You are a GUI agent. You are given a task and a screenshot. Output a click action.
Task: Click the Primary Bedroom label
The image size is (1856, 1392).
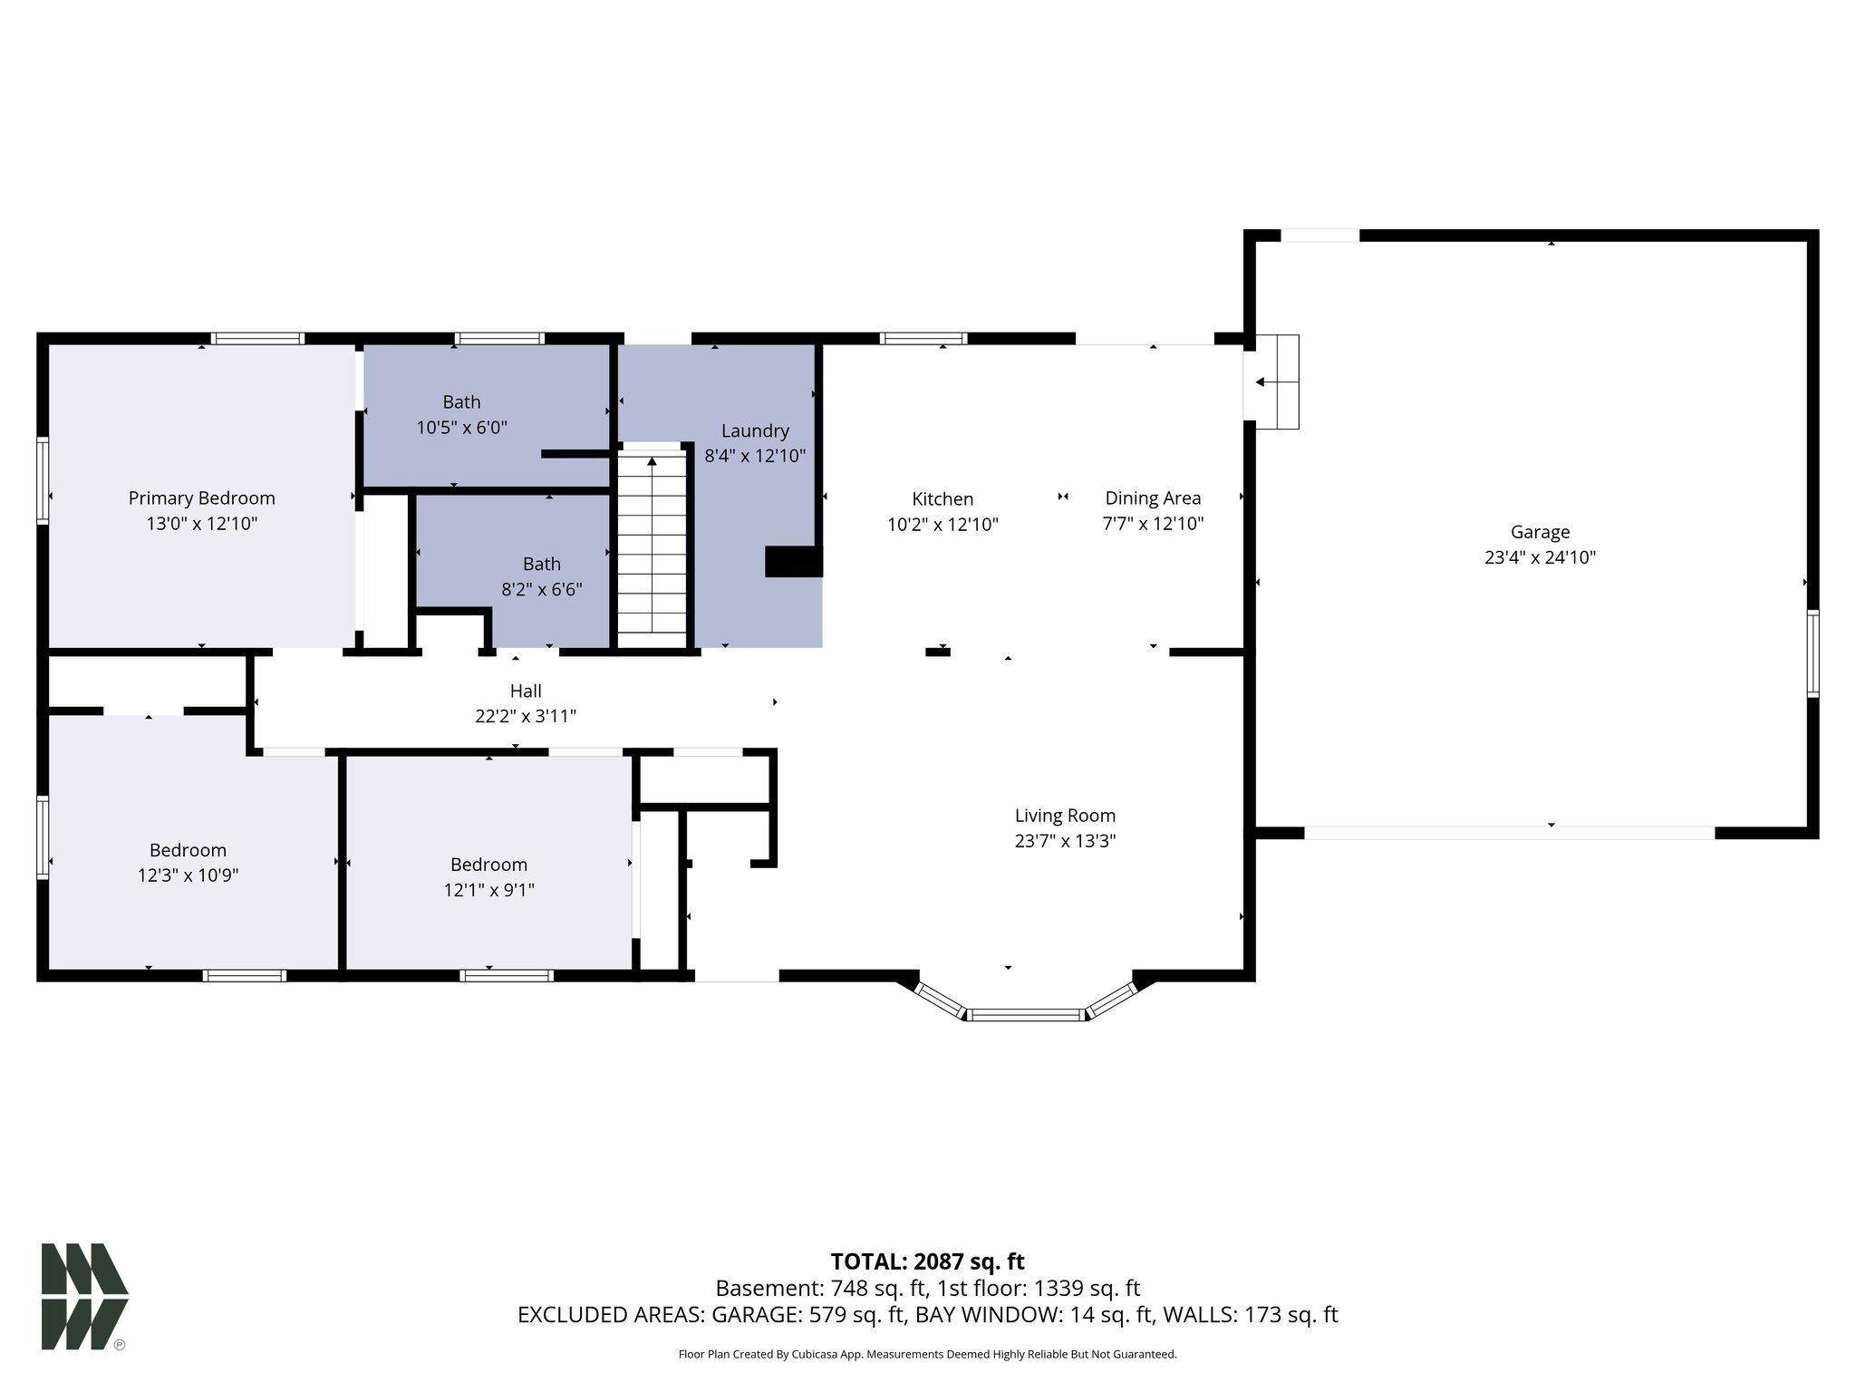201,498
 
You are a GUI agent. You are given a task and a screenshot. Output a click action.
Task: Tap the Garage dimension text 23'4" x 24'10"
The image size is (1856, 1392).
1540,558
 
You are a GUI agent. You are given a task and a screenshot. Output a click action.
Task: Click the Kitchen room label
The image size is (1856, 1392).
942,499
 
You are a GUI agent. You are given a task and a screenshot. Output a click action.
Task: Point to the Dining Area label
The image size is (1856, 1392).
1153,498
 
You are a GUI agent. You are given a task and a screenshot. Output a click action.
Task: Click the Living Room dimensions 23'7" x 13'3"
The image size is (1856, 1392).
1065,841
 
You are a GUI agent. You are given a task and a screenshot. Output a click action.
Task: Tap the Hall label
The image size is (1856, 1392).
526,691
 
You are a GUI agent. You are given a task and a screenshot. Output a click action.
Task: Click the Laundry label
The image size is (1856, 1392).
755,431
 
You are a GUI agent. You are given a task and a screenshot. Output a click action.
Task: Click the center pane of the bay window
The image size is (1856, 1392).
1026,1014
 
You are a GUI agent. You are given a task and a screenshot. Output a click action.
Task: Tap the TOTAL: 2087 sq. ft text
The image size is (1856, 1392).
927,1261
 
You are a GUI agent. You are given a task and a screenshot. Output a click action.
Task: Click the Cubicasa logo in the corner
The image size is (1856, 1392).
83,1296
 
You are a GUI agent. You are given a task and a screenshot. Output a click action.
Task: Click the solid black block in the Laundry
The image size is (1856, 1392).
793,562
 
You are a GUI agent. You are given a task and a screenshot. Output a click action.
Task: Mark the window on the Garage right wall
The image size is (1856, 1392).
1812,653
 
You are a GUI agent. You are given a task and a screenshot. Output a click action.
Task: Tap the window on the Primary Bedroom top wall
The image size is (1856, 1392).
257,339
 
